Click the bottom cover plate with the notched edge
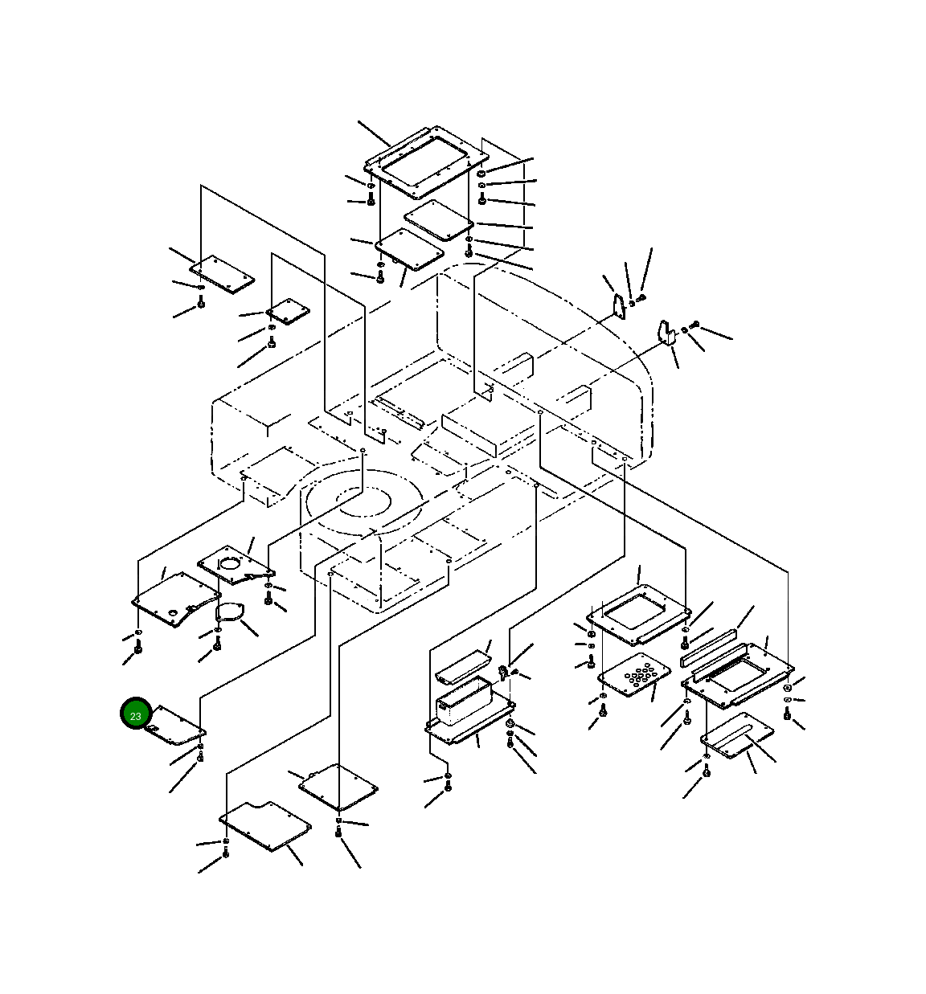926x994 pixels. [265, 826]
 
